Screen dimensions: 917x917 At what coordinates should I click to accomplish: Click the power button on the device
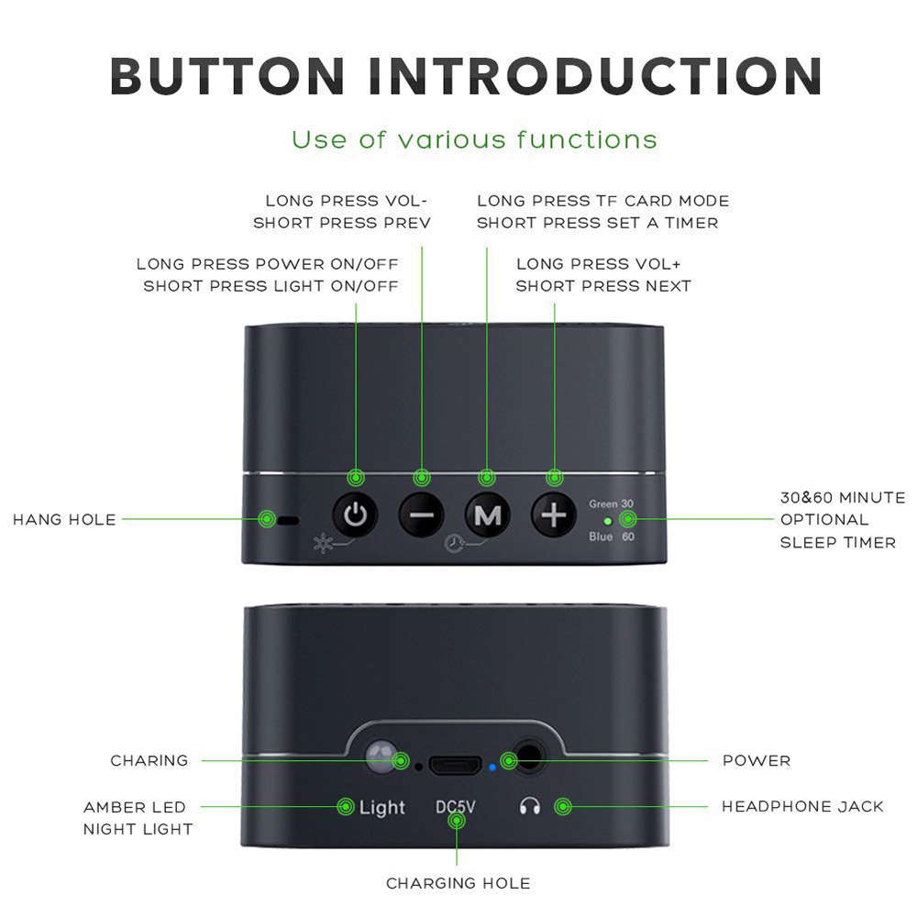[355, 515]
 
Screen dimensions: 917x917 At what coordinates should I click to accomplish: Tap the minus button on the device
[421, 515]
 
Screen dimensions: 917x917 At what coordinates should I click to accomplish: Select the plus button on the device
[553, 515]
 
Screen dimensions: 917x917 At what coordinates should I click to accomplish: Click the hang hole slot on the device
[289, 520]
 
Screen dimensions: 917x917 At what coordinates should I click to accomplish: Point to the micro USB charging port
[457, 763]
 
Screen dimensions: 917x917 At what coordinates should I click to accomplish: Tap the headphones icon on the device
[529, 807]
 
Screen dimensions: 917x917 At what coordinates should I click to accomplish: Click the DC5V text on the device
[456, 808]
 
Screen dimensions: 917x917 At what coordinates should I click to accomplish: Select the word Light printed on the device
[381, 808]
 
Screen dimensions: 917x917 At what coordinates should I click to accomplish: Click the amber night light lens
[377, 757]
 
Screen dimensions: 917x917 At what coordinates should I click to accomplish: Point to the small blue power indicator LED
[492, 764]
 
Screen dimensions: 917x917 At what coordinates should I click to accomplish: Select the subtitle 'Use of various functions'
[474, 140]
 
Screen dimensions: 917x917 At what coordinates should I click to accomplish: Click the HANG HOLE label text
[64, 520]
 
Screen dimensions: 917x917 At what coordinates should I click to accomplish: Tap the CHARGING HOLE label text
[458, 883]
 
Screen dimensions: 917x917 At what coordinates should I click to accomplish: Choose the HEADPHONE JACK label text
[802, 807]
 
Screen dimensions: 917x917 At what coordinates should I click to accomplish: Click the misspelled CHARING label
[149, 760]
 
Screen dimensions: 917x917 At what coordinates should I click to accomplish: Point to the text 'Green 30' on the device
[611, 504]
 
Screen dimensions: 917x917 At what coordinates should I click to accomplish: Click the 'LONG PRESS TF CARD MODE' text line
[602, 201]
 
